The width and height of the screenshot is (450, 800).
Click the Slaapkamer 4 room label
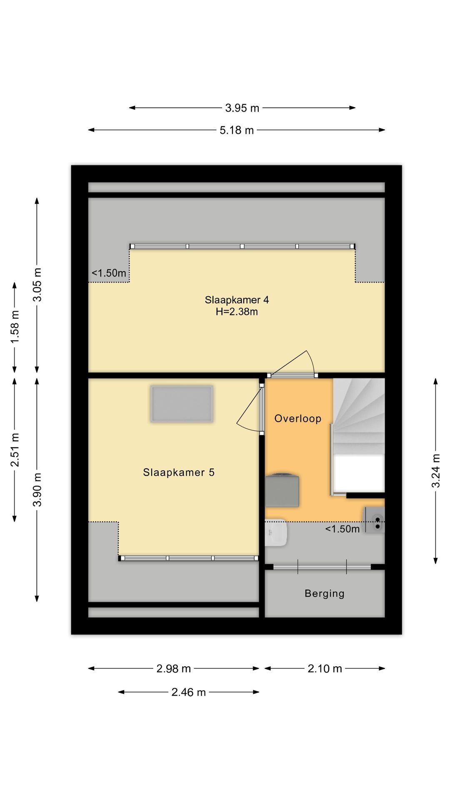pos(237,300)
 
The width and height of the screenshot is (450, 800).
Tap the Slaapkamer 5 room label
pos(179,472)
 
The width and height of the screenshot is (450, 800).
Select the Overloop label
pos(298,418)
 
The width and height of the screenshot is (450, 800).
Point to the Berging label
pos(325,593)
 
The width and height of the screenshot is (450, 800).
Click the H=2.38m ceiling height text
pos(237,312)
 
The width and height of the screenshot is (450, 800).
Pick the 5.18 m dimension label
pos(237,130)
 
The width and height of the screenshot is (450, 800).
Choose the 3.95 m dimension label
pos(242,108)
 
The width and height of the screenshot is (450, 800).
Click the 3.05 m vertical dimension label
pos(37,285)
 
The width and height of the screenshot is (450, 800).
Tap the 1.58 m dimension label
pos(15,327)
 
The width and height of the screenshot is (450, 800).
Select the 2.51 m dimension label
pos(15,450)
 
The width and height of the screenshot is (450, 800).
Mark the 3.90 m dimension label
pos(37,490)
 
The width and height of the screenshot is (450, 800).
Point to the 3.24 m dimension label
pos(436,471)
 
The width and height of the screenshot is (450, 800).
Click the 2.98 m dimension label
pos(173,669)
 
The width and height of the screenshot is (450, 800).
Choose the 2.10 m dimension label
pos(325,669)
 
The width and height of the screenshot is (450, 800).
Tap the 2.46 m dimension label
pos(188,692)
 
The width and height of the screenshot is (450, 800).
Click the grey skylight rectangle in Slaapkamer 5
pos(182,404)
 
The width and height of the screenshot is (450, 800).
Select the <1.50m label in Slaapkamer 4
pos(109,273)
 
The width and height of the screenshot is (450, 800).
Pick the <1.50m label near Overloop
pos(342,529)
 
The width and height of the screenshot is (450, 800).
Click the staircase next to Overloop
pos(358,435)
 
